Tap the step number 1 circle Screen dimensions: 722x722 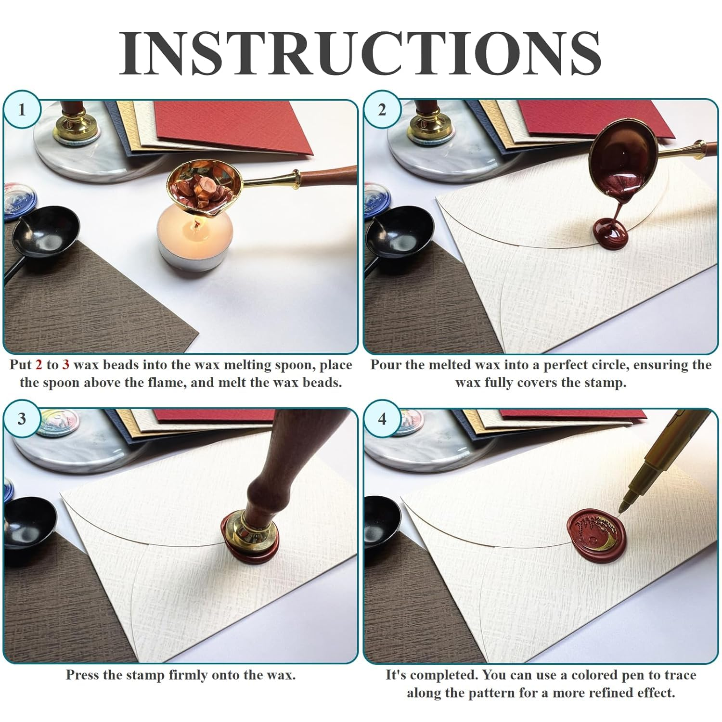pos(22,110)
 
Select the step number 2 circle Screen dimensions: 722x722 pos(382,110)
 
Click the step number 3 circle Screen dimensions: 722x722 pos(22,419)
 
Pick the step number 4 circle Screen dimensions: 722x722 pos(382,419)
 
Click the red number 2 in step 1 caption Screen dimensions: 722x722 pos(39,365)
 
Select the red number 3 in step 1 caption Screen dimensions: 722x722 pos(65,365)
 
